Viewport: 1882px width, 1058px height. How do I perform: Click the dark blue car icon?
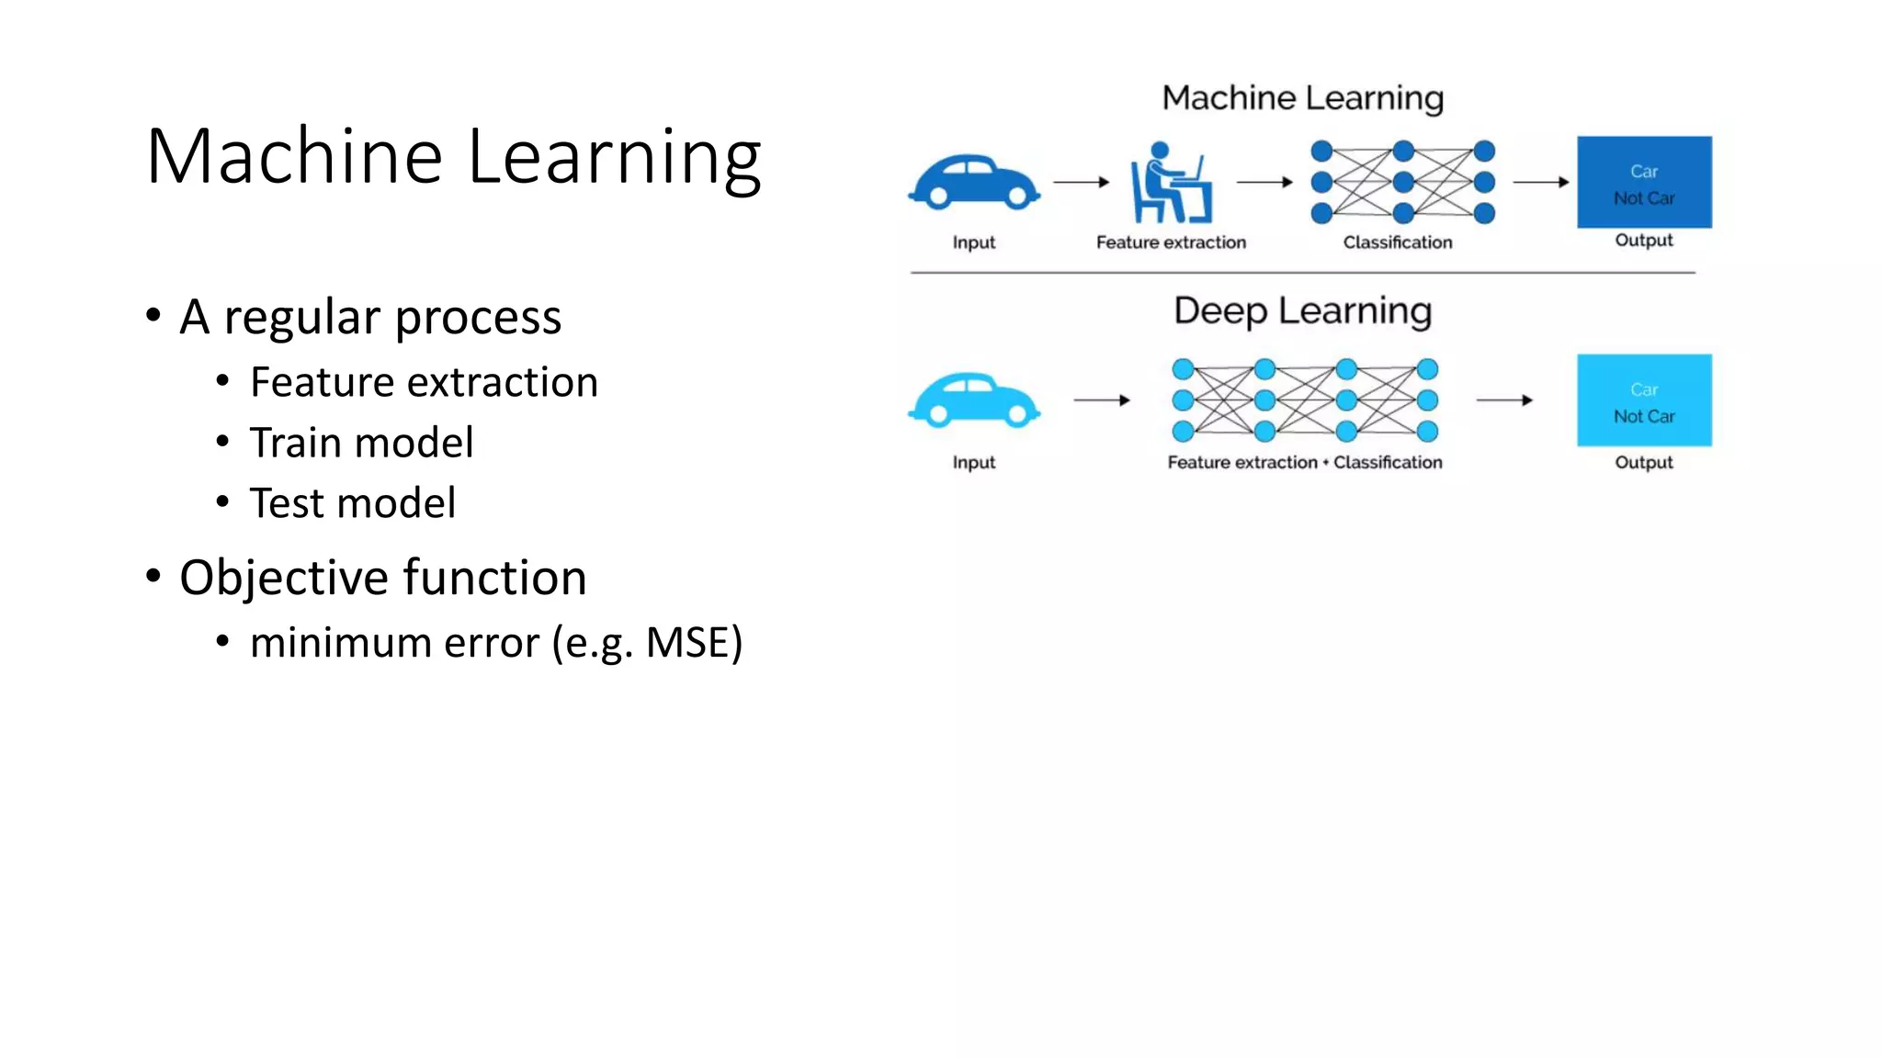[974, 182]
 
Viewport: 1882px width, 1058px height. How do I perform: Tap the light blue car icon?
[974, 400]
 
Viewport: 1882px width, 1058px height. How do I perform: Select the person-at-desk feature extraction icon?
[1171, 183]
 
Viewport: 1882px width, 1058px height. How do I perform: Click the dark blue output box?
[1644, 182]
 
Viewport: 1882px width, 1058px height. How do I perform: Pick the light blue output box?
[1644, 400]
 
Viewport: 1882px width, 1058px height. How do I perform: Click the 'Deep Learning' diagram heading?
[1302, 311]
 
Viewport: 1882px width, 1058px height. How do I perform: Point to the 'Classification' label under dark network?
[1397, 242]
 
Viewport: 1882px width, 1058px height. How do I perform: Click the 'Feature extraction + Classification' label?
[1304, 463]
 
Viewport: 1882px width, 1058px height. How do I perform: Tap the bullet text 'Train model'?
[361, 443]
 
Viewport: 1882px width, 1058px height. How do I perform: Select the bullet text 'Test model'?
[352, 503]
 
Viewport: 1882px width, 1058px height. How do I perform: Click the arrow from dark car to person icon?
[1081, 182]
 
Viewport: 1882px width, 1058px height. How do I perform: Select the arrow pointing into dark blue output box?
[1540, 182]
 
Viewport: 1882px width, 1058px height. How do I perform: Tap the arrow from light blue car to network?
[1101, 400]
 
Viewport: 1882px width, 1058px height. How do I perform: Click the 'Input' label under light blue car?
[973, 463]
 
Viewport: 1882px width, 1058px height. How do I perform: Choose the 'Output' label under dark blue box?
[1643, 241]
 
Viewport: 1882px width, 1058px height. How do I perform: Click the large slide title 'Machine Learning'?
[453, 156]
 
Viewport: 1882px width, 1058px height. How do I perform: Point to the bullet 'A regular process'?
[369, 318]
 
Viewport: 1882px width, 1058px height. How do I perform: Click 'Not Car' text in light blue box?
[1644, 417]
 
